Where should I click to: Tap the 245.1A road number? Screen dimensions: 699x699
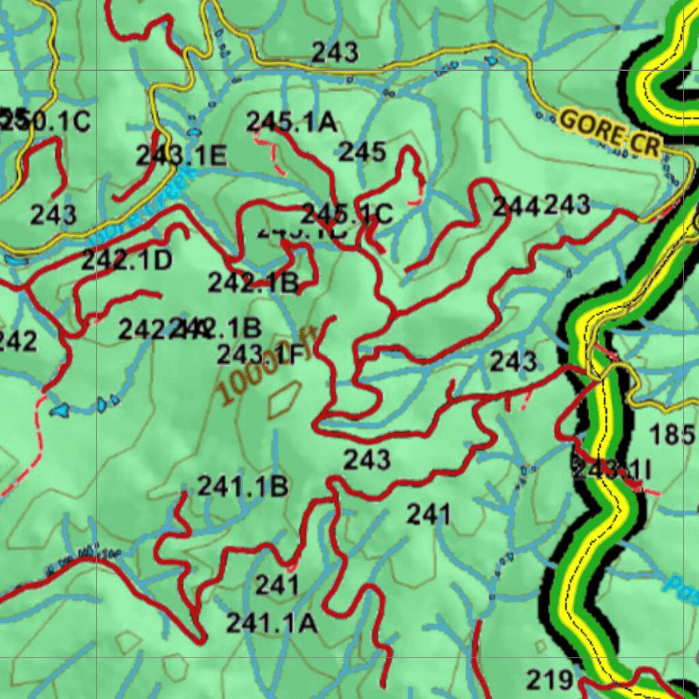[291, 122]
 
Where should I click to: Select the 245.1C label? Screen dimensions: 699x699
[347, 214]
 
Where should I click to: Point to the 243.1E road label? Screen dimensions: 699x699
[181, 156]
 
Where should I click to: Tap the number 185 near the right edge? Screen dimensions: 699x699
[672, 434]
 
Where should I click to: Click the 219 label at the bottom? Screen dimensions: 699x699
[550, 679]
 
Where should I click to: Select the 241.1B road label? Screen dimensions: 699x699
[243, 487]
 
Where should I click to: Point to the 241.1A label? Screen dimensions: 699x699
[272, 623]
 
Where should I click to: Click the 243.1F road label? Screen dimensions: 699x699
[260, 354]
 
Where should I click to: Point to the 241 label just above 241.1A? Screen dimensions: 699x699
[277, 584]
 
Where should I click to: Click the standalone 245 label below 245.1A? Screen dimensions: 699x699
[362, 152]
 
